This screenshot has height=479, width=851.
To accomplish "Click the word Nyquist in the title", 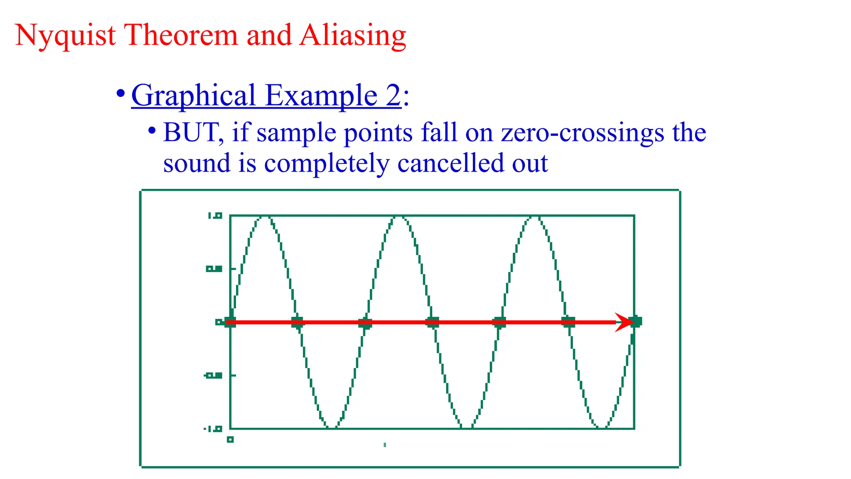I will pyautogui.click(x=65, y=36).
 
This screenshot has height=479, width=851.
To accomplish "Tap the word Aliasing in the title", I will pyautogui.click(x=352, y=36).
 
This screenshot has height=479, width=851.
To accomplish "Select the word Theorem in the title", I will pyautogui.click(x=181, y=35).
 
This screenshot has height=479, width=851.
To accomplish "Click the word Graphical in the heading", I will pyautogui.click(x=193, y=96).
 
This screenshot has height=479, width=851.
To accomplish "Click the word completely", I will pyautogui.click(x=327, y=164).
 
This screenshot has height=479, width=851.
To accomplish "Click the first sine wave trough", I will pyautogui.click(x=332, y=427).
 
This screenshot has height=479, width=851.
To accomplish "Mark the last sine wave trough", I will pyautogui.click(x=601, y=427).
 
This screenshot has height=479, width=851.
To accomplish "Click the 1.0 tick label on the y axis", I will pyautogui.click(x=215, y=216).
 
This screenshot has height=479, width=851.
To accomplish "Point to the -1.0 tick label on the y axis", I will pyautogui.click(x=213, y=429).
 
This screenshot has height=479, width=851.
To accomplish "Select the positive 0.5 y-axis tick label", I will pyautogui.click(x=214, y=269).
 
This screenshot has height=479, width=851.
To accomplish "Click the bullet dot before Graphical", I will pyautogui.click(x=121, y=93).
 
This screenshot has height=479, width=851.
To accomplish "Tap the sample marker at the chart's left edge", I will pyautogui.click(x=230, y=322).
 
